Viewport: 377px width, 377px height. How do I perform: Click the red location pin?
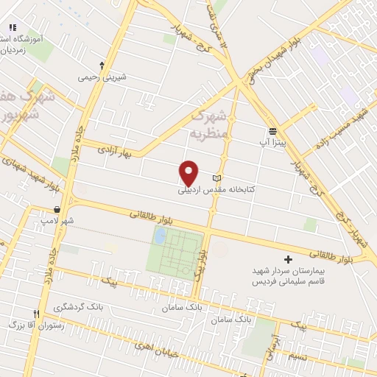(189, 172)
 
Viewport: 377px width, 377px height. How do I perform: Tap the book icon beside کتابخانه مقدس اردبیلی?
(216, 178)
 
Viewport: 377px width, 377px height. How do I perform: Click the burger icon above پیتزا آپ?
(272, 130)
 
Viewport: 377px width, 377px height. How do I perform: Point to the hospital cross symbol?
(288, 259)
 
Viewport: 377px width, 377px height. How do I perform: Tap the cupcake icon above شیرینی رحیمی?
(102, 66)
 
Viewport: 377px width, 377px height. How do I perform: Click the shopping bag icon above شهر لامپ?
(57, 209)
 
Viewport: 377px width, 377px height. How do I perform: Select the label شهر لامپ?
(57, 220)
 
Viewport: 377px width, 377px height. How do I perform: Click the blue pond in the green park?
(159, 236)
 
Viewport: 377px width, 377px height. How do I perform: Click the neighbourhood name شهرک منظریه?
(211, 125)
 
